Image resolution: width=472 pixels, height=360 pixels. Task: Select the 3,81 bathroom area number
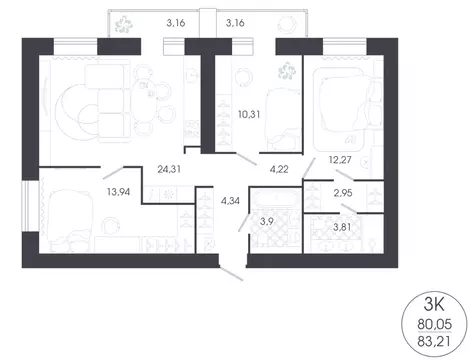343,228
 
